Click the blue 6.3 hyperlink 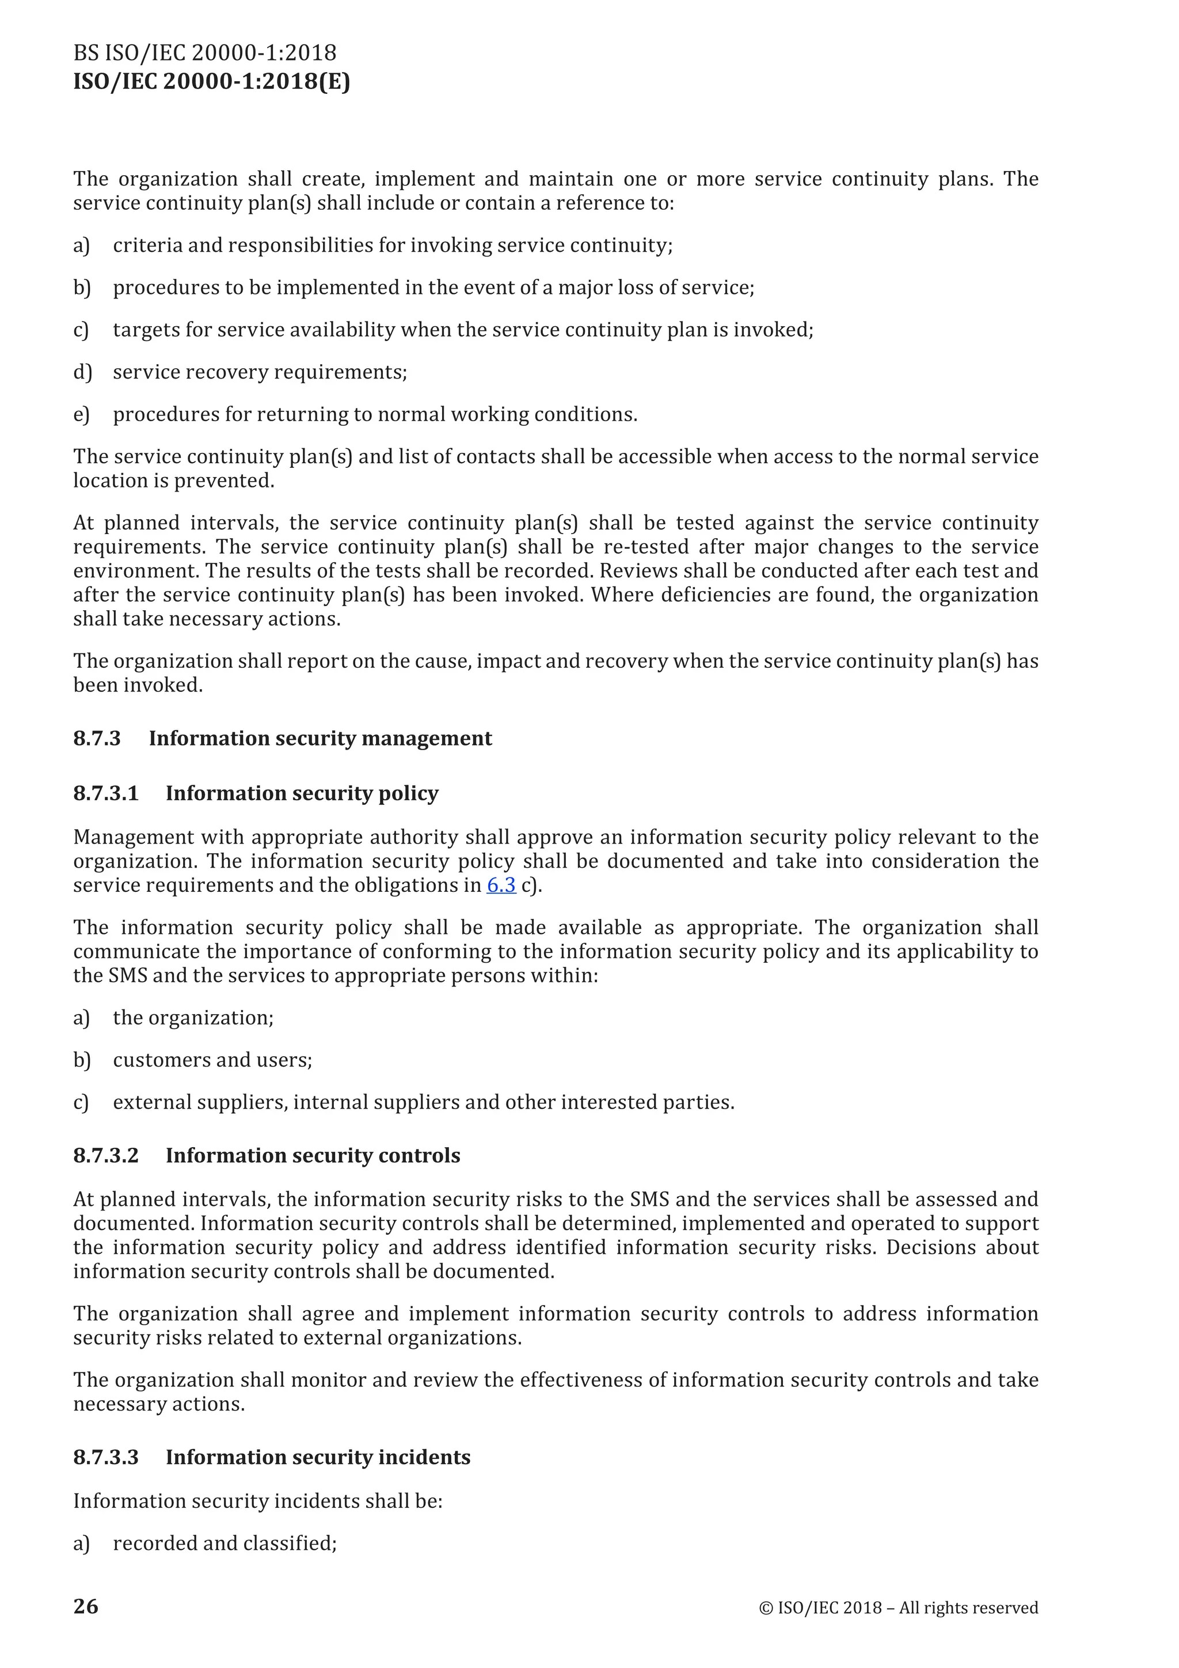501,886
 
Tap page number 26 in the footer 86,1606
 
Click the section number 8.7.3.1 106,793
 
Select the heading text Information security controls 313,1156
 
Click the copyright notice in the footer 898,1608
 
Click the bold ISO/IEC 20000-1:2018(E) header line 211,81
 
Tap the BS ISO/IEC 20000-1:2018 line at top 205,53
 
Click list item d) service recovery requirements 260,372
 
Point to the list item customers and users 212,1060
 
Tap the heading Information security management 320,739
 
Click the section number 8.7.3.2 106,1156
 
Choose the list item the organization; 193,1018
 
